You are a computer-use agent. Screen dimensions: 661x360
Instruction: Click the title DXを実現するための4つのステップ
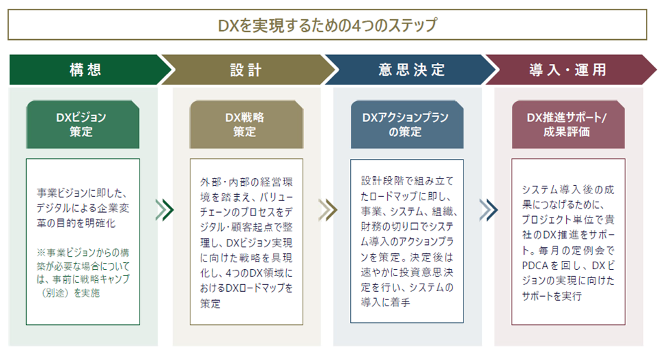[x=327, y=25]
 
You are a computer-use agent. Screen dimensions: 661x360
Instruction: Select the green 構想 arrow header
[x=89, y=70]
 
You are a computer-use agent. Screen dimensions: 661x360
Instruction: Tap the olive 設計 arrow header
[x=247, y=70]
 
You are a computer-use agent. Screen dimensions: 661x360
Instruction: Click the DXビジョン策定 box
[x=83, y=125]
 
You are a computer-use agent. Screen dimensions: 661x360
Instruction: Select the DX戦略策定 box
[x=246, y=125]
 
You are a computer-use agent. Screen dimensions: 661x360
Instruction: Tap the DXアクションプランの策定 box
[x=407, y=125]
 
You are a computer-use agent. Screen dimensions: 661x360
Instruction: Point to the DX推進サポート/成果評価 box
[x=568, y=125]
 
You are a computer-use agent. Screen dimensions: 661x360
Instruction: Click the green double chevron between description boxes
[x=164, y=210]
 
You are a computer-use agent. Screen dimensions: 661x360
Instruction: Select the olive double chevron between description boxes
[x=328, y=210]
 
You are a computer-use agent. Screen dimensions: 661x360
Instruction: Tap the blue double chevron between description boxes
[x=488, y=210]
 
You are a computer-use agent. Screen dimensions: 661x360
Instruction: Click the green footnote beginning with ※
[x=83, y=273]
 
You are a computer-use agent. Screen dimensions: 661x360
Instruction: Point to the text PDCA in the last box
[x=535, y=266]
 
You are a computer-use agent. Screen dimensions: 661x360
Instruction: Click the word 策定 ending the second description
[x=210, y=304]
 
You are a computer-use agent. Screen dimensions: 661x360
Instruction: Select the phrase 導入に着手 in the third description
[x=385, y=302]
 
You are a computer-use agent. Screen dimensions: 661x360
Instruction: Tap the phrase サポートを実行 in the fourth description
[x=552, y=296]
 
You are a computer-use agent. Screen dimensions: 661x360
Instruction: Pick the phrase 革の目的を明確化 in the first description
[x=76, y=223]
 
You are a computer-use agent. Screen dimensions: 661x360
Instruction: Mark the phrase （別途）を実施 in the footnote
[x=70, y=293]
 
